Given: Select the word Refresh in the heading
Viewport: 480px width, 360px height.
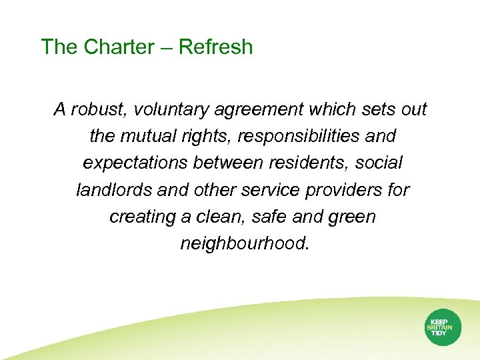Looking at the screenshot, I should click(x=216, y=47).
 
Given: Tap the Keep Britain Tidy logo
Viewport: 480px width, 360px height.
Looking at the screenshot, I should click(x=442, y=327).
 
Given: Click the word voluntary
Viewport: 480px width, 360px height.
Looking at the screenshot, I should click(x=176, y=109).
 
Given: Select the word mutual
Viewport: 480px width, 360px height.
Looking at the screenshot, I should click(x=147, y=137).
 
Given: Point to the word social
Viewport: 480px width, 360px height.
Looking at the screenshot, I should click(x=379, y=163).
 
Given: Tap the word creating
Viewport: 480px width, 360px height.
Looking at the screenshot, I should click(x=137, y=217).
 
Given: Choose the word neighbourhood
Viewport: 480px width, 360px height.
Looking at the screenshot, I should click(x=244, y=244).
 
